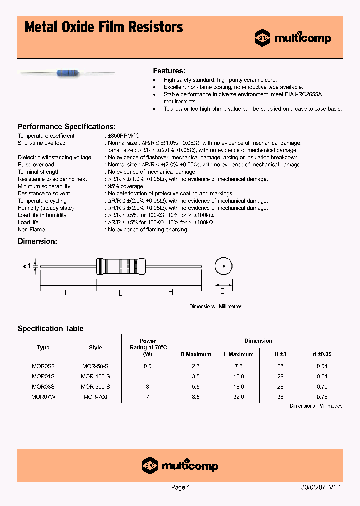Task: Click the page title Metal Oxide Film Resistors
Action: coord(103,27)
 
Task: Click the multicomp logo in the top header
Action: coord(293,37)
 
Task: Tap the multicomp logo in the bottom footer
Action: coord(180,465)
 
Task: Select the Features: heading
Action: coord(169,71)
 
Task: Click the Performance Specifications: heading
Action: coord(67,127)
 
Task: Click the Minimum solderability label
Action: coord(44,186)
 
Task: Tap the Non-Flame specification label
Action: coord(31,230)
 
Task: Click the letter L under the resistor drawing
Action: coord(120,293)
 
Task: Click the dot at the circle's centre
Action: coord(224,266)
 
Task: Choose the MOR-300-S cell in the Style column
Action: coord(95,387)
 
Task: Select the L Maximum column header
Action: coord(238,354)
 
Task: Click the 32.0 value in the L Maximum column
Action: coord(238,397)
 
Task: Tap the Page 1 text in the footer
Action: coord(180,487)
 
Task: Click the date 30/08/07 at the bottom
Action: coord(313,487)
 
